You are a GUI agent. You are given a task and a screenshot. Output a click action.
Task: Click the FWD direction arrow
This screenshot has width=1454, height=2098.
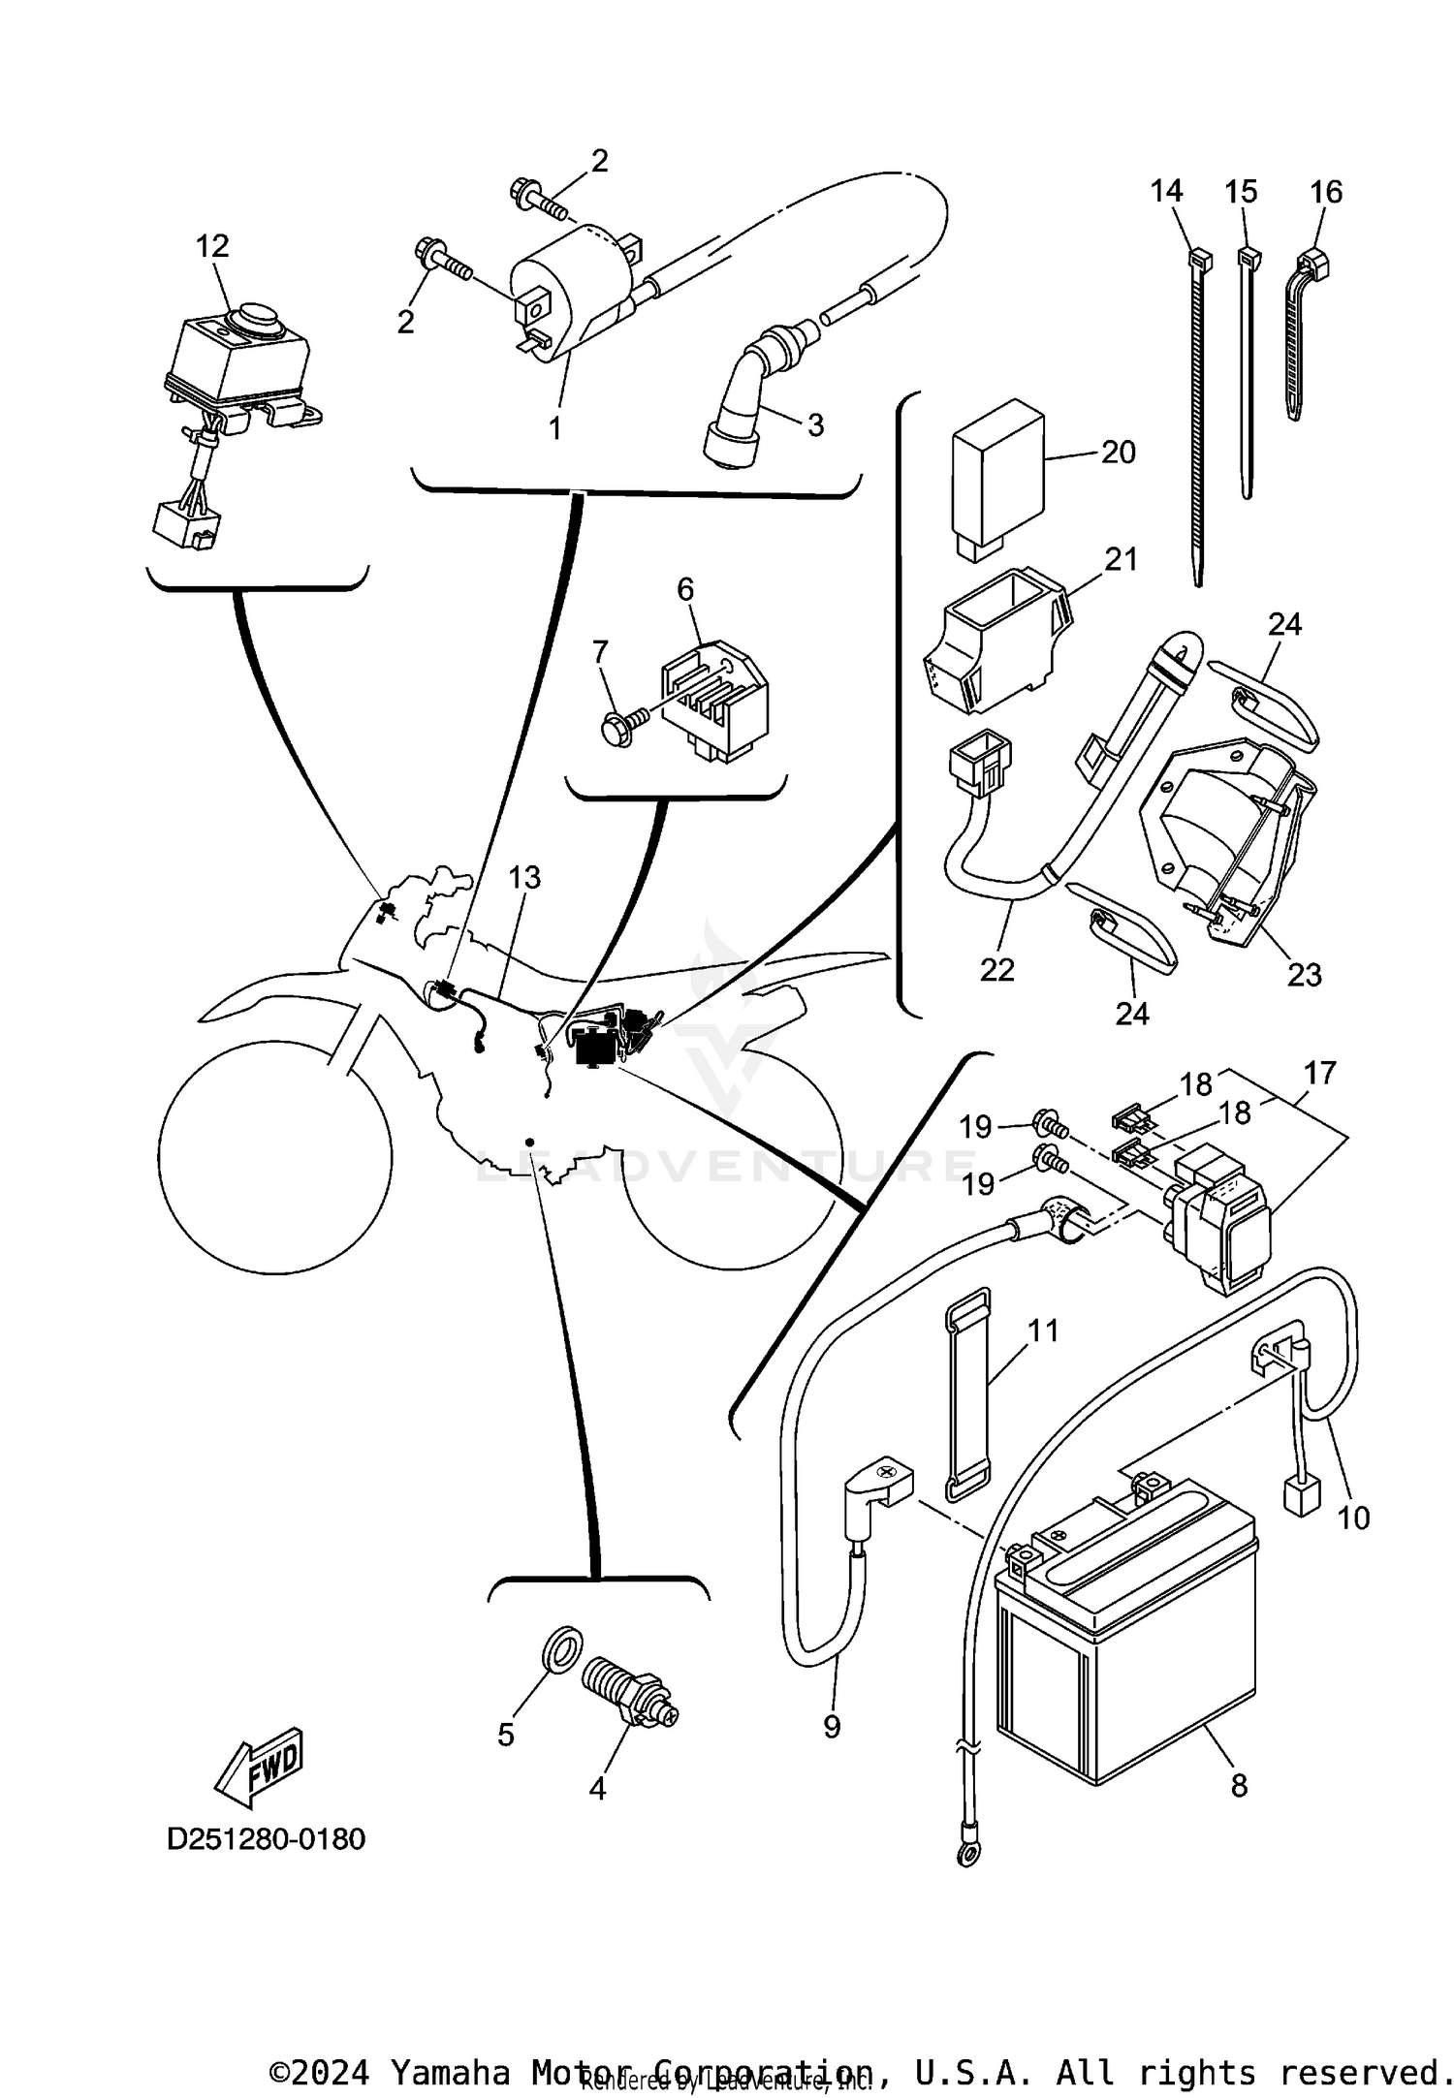coord(259,1766)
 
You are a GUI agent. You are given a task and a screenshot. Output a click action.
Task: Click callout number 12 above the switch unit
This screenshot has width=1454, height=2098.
coord(212,246)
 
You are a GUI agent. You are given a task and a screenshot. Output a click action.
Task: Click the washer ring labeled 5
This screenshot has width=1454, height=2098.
coord(560,1645)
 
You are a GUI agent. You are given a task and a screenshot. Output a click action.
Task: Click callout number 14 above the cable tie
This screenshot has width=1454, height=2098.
coord(1167,191)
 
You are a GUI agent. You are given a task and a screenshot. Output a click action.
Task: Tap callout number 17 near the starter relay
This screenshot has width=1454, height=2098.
coord(1320,1073)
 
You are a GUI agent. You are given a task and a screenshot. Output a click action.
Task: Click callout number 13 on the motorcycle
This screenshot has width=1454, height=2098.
coord(524,877)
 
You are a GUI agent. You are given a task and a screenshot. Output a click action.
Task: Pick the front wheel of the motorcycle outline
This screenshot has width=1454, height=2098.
coord(275,1157)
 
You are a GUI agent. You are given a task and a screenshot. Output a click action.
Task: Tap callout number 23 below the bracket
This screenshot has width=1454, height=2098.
coord(1304,974)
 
